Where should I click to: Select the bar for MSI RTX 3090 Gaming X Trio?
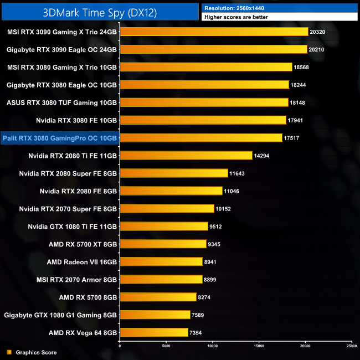(214, 32)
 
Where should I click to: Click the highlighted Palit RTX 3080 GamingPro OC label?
(60, 138)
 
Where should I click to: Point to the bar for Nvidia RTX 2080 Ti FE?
(186, 156)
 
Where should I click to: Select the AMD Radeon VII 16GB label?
(82, 262)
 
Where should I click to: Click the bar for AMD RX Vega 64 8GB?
(154, 333)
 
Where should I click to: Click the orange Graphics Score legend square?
(9, 352)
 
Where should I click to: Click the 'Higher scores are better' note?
(236, 17)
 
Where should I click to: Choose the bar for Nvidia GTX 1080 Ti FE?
(164, 227)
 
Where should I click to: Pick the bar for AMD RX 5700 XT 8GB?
(163, 244)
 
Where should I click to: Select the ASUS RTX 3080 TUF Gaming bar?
(204, 102)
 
